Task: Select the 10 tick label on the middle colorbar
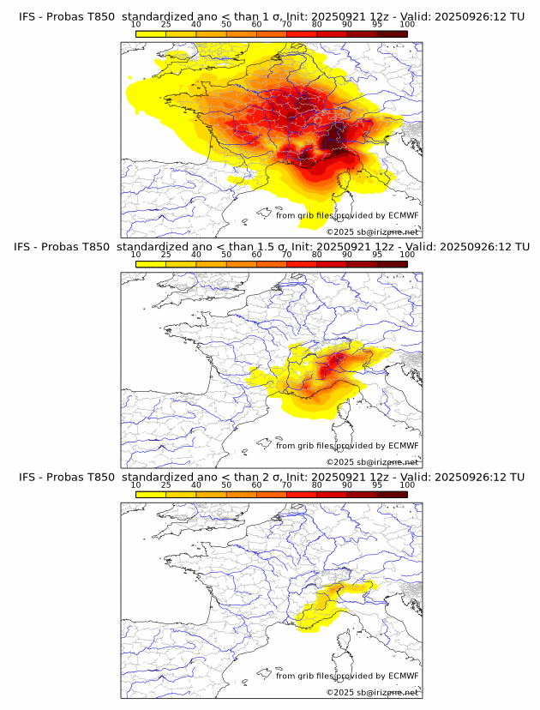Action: pyautogui.click(x=136, y=254)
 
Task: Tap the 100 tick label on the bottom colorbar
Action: pyautogui.click(x=407, y=484)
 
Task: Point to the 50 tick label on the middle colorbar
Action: pyautogui.click(x=226, y=254)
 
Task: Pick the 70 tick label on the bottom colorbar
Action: pyautogui.click(x=286, y=484)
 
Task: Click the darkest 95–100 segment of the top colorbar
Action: pyautogui.click(x=392, y=33)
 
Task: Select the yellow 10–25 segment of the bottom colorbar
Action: pyautogui.click(x=151, y=495)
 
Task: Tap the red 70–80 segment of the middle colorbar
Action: pyautogui.click(x=302, y=264)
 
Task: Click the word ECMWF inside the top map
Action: pyautogui.click(x=403, y=215)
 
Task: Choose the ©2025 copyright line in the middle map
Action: pyautogui.click(x=373, y=462)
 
